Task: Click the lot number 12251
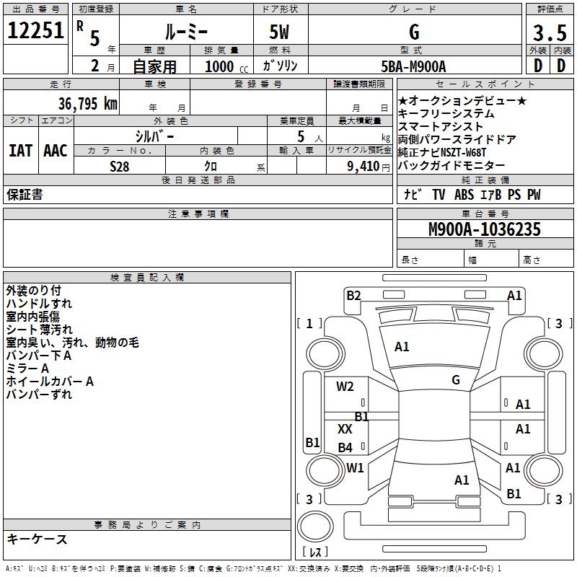pyautogui.click(x=35, y=30)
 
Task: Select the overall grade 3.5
pyautogui.click(x=550, y=32)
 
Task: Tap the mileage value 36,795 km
pyautogui.click(x=87, y=104)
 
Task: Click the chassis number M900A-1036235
pyautogui.click(x=485, y=229)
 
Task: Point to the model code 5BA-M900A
pyautogui.click(x=413, y=66)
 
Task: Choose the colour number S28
pyautogui.click(x=120, y=167)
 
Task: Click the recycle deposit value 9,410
pyautogui.click(x=364, y=167)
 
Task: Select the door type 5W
pyautogui.click(x=279, y=32)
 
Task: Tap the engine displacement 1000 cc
pyautogui.click(x=226, y=66)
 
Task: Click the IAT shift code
pyautogui.click(x=21, y=151)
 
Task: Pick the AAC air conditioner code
pyautogui.click(x=56, y=151)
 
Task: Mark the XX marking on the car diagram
pyautogui.click(x=345, y=428)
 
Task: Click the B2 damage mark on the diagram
pyautogui.click(x=353, y=296)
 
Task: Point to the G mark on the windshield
pyautogui.click(x=456, y=379)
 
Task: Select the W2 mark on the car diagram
pyautogui.click(x=345, y=387)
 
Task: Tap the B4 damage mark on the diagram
pyautogui.click(x=345, y=447)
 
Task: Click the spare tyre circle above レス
pyautogui.click(x=315, y=527)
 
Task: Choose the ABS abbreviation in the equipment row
pyautogui.click(x=464, y=195)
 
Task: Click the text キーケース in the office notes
pyautogui.click(x=38, y=539)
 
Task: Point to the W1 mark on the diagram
pyautogui.click(x=355, y=467)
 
